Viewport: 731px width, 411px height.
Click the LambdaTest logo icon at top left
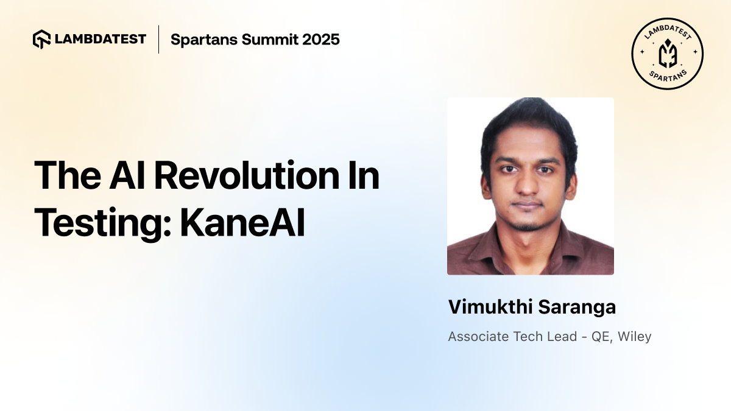click(41, 39)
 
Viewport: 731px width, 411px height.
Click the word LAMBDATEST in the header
click(99, 39)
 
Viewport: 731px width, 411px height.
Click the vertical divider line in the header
click(158, 39)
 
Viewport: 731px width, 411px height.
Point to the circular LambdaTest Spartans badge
click(668, 54)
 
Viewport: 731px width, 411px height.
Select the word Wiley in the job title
click(635, 336)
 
